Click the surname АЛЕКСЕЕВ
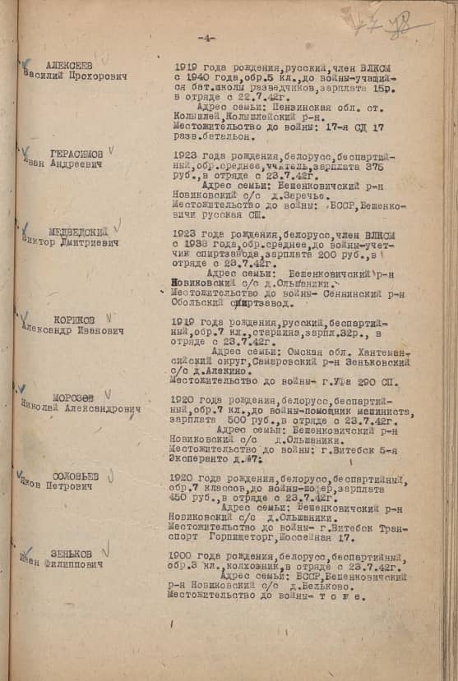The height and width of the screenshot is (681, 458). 70,66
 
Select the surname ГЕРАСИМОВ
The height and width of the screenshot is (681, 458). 76,154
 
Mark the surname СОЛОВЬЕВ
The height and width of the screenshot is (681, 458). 75,476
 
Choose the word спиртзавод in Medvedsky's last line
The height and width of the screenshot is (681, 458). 261,301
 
